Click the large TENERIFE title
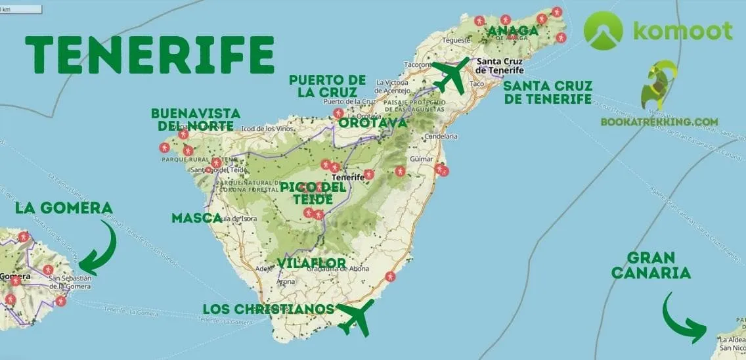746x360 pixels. coord(149,54)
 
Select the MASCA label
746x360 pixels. coord(196,217)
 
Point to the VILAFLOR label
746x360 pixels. coord(311,263)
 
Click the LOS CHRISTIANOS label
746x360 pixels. coord(269,309)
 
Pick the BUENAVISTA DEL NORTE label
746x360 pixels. coord(195,119)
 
